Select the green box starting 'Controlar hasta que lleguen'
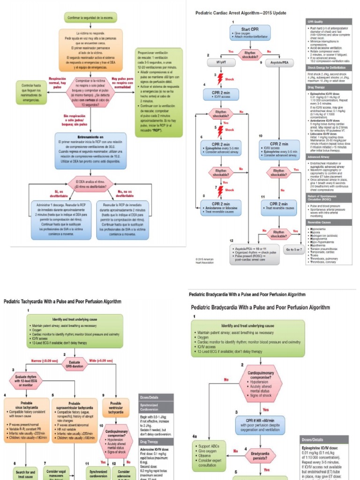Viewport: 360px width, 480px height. (31, 92)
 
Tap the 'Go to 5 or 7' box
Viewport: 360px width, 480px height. (294, 249)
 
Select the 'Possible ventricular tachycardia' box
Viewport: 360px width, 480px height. (115, 408)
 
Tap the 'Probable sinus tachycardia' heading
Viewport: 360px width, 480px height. (26, 405)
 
